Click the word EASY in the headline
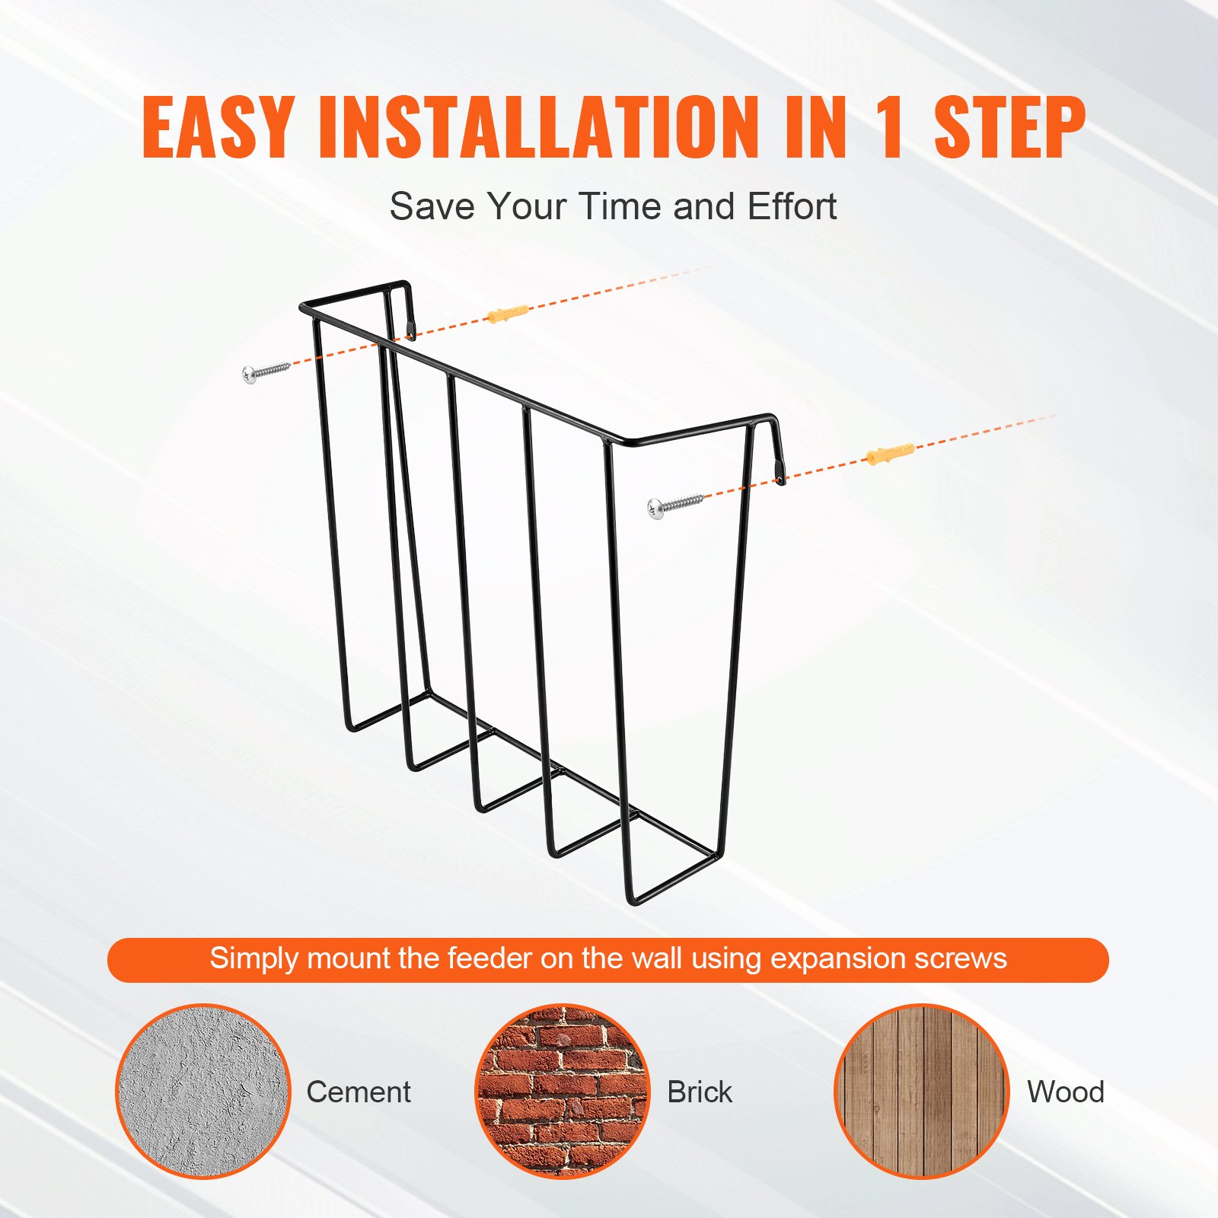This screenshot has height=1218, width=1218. pos(217,127)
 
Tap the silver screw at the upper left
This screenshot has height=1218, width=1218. pos(266,372)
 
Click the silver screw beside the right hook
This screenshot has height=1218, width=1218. pos(674,505)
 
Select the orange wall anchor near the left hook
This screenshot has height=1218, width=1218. pos(507,313)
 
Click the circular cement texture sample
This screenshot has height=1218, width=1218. pos(203,1091)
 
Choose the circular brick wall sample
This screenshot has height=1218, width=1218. pos(563,1091)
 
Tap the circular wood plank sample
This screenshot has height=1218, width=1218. pos(921,1091)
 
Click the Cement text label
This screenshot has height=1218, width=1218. pos(359,1092)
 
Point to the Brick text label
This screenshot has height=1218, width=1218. pos(700,1092)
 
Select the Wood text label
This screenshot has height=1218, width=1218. pos(1065,1092)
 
